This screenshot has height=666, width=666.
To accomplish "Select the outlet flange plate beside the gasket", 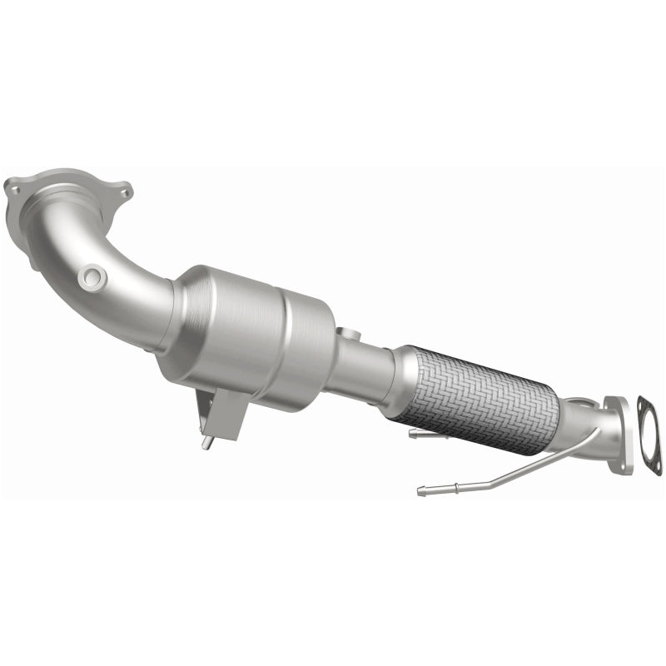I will pyautogui.click(x=618, y=433).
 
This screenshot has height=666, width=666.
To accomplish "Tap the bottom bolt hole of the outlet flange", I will pyautogui.click(x=618, y=466).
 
